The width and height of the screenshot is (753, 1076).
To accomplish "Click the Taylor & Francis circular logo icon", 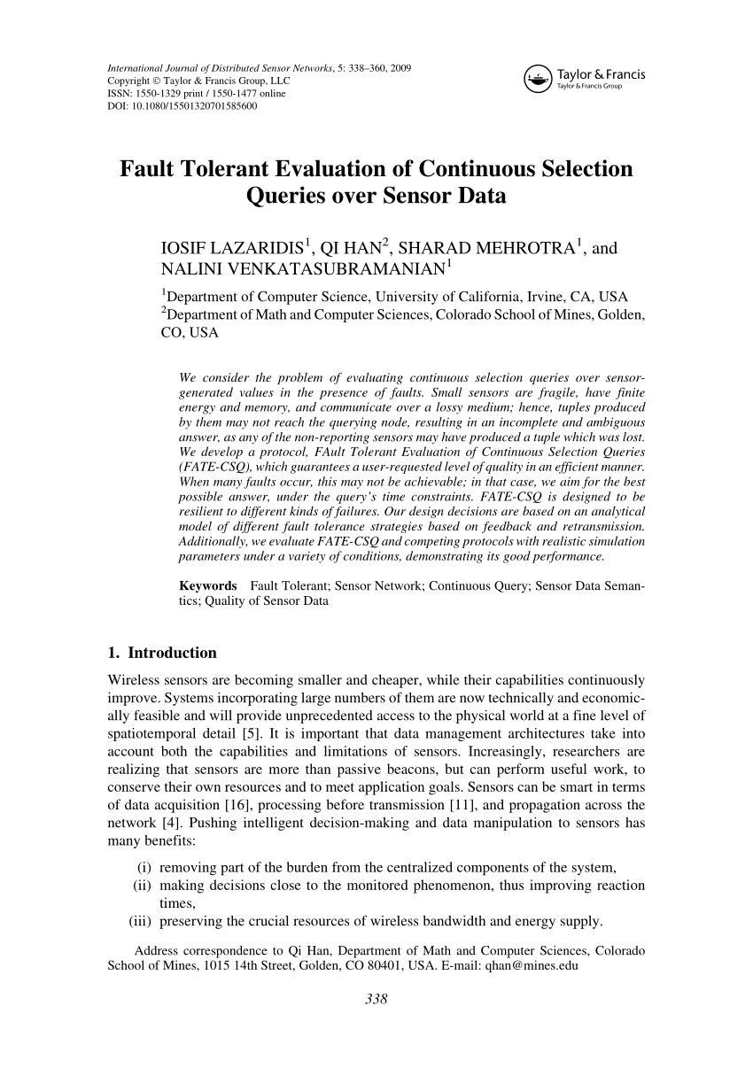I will point(536,79).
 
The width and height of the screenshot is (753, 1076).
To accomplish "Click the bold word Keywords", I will point(207,586).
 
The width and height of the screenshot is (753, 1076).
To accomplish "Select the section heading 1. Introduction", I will point(161,654).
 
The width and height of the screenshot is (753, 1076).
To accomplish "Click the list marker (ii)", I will point(142,886).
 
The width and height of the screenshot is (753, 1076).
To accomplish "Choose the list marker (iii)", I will point(140,921).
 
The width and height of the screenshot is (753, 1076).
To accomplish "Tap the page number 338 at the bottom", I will point(377,999).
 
